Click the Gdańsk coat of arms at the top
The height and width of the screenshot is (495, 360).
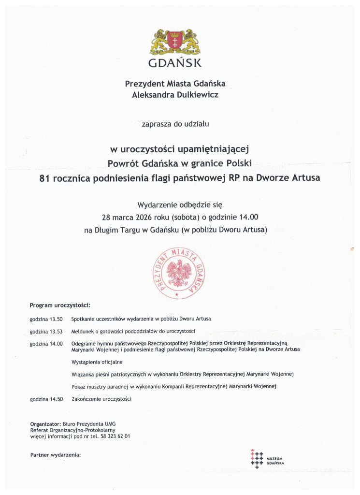click(175, 42)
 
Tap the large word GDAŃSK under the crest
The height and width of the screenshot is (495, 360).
click(175, 63)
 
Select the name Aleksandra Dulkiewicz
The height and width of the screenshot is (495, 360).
click(175, 95)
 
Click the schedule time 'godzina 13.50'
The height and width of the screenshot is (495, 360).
click(46, 319)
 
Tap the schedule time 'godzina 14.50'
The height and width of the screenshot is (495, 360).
click(46, 399)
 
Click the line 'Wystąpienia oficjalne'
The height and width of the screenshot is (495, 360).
click(97, 362)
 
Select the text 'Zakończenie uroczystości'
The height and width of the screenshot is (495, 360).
click(101, 399)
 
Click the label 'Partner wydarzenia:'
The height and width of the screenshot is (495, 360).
click(55, 455)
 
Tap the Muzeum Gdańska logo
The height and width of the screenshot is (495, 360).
click(267, 460)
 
